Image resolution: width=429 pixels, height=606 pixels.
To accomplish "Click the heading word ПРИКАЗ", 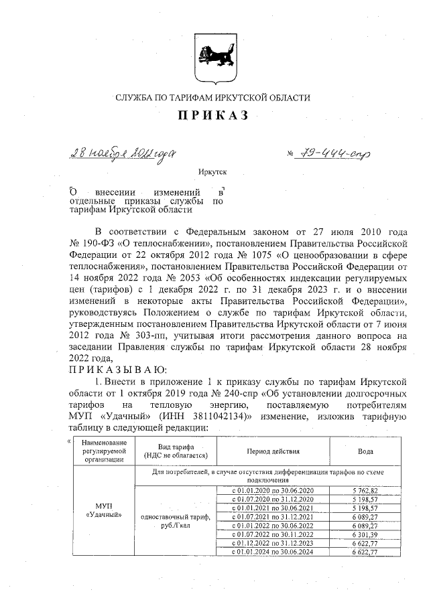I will [x=212, y=116].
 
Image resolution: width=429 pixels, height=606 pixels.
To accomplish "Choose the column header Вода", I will [x=365, y=451].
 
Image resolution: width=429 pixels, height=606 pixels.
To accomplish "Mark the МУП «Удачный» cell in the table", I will [x=99, y=509].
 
